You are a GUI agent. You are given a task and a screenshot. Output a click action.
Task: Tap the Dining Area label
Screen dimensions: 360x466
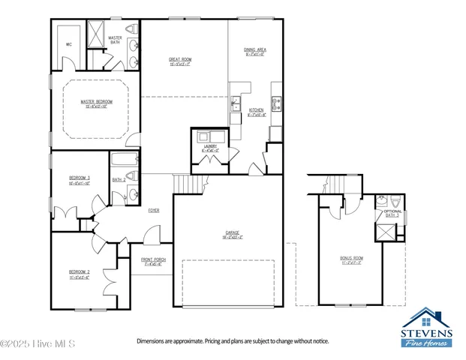point(255,50)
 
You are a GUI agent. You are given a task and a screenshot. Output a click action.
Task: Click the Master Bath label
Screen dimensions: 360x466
point(116,39)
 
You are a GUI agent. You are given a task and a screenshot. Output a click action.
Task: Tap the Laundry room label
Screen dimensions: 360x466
point(210,148)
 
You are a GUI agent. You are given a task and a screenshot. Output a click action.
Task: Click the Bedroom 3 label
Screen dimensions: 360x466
point(79,178)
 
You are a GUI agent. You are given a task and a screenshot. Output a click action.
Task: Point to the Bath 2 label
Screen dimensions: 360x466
point(118,180)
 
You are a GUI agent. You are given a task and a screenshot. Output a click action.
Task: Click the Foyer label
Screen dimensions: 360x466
point(153,210)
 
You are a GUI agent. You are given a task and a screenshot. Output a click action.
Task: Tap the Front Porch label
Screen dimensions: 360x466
point(153,261)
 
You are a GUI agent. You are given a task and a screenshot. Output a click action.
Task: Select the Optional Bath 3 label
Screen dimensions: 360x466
point(392,213)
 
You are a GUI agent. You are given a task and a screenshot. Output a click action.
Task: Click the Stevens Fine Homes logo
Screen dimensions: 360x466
point(425,328)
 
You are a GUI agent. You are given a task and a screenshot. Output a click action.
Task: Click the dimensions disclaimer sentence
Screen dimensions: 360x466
point(232,341)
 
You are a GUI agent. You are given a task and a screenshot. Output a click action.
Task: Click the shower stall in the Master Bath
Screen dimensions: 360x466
point(95,34)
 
